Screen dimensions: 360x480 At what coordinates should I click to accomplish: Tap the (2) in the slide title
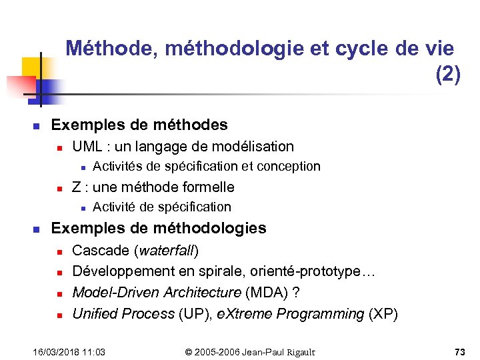[447, 75]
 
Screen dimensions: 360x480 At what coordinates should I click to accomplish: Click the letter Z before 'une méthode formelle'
[77, 187]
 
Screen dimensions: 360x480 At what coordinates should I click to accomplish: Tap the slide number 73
[459, 351]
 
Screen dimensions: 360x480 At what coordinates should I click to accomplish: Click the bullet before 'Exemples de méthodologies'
[37, 229]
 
